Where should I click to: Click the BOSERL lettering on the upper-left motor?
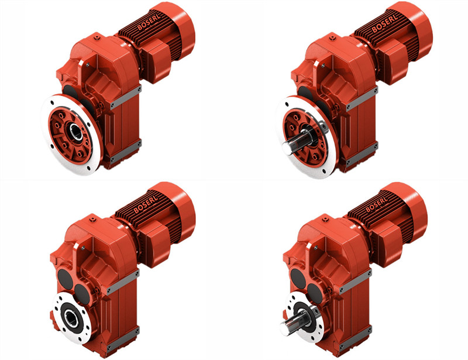(x=149, y=22)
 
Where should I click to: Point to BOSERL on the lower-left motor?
(x=144, y=205)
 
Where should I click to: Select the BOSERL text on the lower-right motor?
(x=376, y=204)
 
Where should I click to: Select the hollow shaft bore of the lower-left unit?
(x=70, y=318)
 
